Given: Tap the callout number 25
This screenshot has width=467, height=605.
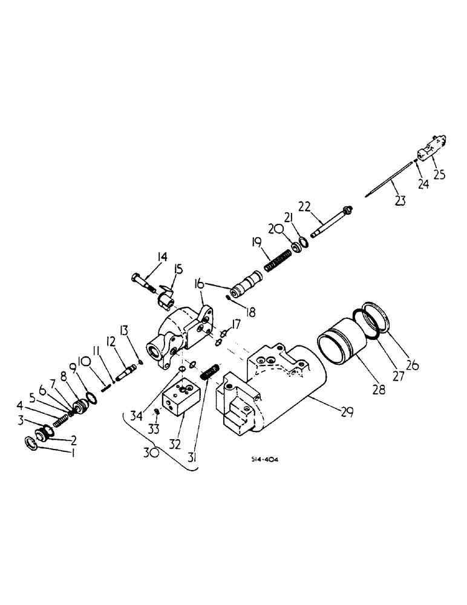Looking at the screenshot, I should pos(439,174).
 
